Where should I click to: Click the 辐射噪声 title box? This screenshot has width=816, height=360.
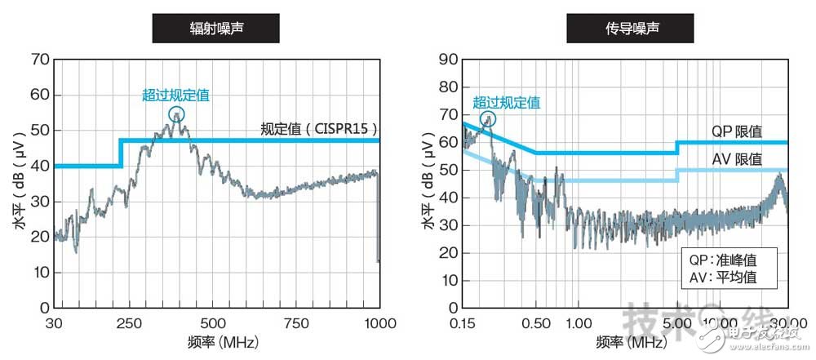pos(216,29)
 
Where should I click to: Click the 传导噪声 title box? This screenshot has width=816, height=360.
pos(625,29)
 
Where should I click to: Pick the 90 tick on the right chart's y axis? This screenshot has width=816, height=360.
pos(446,60)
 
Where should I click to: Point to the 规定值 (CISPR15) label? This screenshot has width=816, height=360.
pos(319,128)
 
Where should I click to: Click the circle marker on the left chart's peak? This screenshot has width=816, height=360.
pos(176,115)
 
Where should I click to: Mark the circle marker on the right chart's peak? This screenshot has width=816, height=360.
pos(488,119)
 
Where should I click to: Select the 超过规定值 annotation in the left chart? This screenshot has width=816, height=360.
pos(175,96)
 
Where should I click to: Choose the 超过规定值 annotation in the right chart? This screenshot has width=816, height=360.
pos(506,103)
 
